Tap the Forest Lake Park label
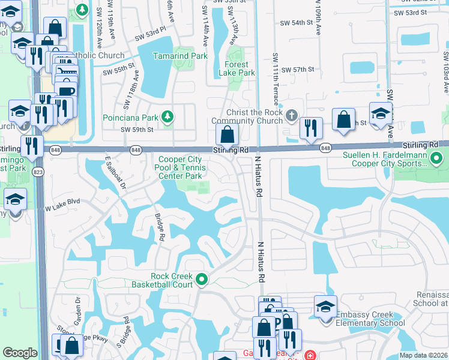(240, 68)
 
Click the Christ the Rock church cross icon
(291, 115)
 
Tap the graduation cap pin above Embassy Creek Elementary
(325, 306)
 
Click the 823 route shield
(39, 172)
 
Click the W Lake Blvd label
(63, 208)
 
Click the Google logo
(20, 353)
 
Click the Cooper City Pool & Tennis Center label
(180, 168)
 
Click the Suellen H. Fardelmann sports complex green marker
(438, 160)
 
